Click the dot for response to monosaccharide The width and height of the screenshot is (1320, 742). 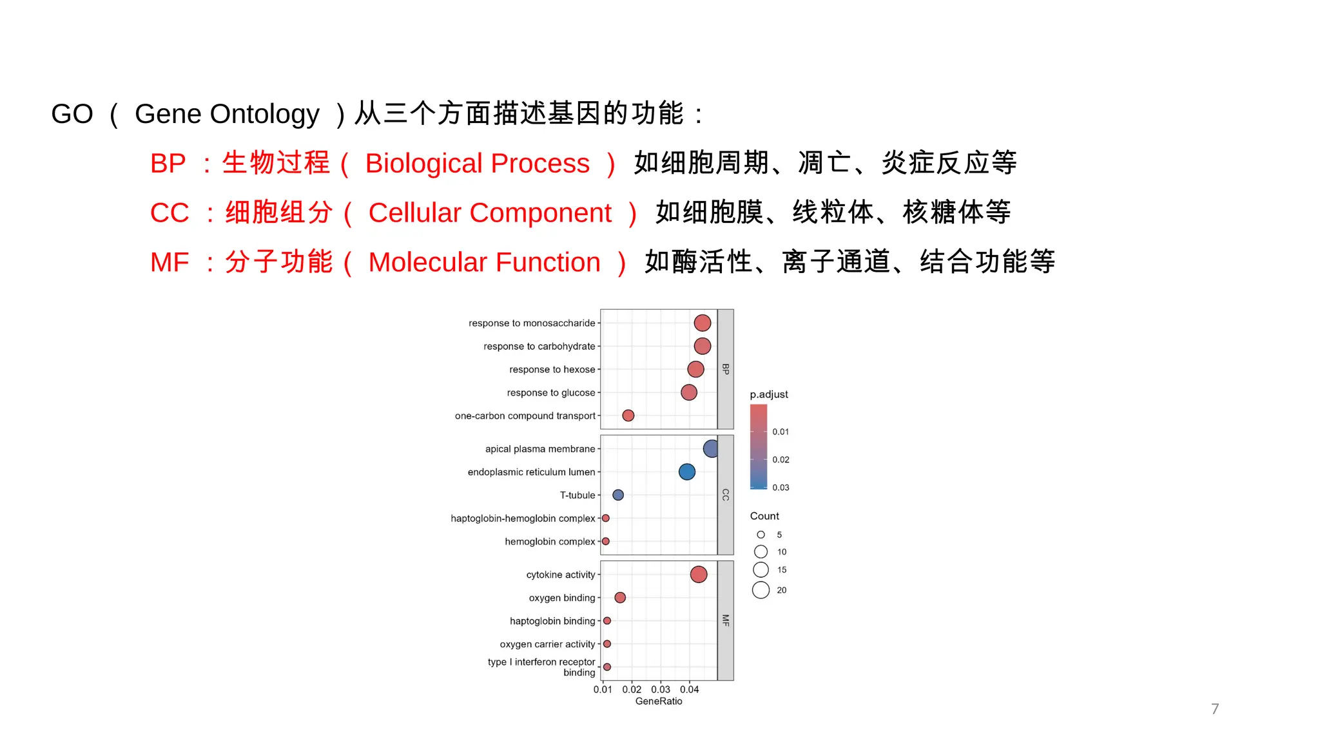(702, 323)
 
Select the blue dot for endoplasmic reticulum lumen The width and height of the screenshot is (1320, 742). (686, 472)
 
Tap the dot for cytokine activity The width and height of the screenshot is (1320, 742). (698, 575)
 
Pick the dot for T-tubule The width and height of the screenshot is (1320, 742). (617, 495)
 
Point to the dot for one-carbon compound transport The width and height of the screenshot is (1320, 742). (628, 415)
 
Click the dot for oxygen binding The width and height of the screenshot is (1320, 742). (620, 598)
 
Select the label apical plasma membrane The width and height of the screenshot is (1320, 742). (540, 449)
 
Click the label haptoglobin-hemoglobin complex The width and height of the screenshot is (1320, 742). (523, 518)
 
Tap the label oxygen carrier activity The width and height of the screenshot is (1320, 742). (547, 644)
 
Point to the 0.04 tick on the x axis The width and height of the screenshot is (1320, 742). (689, 690)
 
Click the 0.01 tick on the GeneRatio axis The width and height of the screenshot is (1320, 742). (603, 690)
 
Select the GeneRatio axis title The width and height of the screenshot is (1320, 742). (658, 701)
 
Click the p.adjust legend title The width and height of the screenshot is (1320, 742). (768, 394)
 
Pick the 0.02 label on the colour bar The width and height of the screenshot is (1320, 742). (781, 460)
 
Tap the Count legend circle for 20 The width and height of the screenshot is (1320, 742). (761, 590)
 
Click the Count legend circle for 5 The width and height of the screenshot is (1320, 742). (761, 535)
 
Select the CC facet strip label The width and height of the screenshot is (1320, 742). (725, 495)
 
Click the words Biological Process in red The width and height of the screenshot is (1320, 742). (477, 164)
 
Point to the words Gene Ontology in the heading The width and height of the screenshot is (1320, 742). (227, 114)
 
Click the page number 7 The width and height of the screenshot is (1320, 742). (1214, 709)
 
